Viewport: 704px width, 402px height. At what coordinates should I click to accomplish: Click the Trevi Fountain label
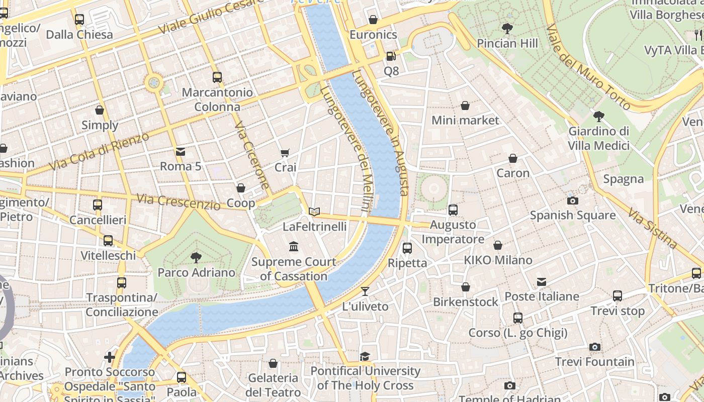coord(594,362)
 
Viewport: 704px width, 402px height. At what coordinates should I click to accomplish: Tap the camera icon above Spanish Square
coord(572,200)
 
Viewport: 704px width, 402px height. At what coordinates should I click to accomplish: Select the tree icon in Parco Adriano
coord(196,258)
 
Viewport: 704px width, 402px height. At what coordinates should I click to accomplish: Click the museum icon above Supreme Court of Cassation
coord(294,247)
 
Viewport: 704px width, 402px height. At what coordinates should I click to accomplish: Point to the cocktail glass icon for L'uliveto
coord(365,291)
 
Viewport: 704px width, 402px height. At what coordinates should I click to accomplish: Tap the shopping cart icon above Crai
coord(285,153)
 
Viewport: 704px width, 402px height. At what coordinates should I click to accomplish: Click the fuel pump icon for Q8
coord(391,56)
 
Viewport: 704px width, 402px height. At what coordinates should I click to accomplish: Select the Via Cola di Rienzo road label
coord(99,151)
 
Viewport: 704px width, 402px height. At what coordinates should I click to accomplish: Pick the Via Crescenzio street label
coord(179,202)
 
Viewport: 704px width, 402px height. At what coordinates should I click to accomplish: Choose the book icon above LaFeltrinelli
coord(314,212)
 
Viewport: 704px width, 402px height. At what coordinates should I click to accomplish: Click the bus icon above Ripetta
coord(407,248)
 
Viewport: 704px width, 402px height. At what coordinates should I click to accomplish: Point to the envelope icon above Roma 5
coord(180,152)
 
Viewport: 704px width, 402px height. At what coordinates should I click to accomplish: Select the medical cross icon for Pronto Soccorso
coord(110,357)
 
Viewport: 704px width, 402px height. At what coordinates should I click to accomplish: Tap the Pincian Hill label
coord(507,43)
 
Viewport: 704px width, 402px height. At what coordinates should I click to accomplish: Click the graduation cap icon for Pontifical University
coord(365,356)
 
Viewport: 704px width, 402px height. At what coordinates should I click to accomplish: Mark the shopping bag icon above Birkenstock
coord(466,287)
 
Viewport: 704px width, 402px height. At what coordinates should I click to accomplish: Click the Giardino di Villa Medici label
coord(598,138)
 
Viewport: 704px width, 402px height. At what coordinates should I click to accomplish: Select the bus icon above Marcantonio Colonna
coord(217,77)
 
